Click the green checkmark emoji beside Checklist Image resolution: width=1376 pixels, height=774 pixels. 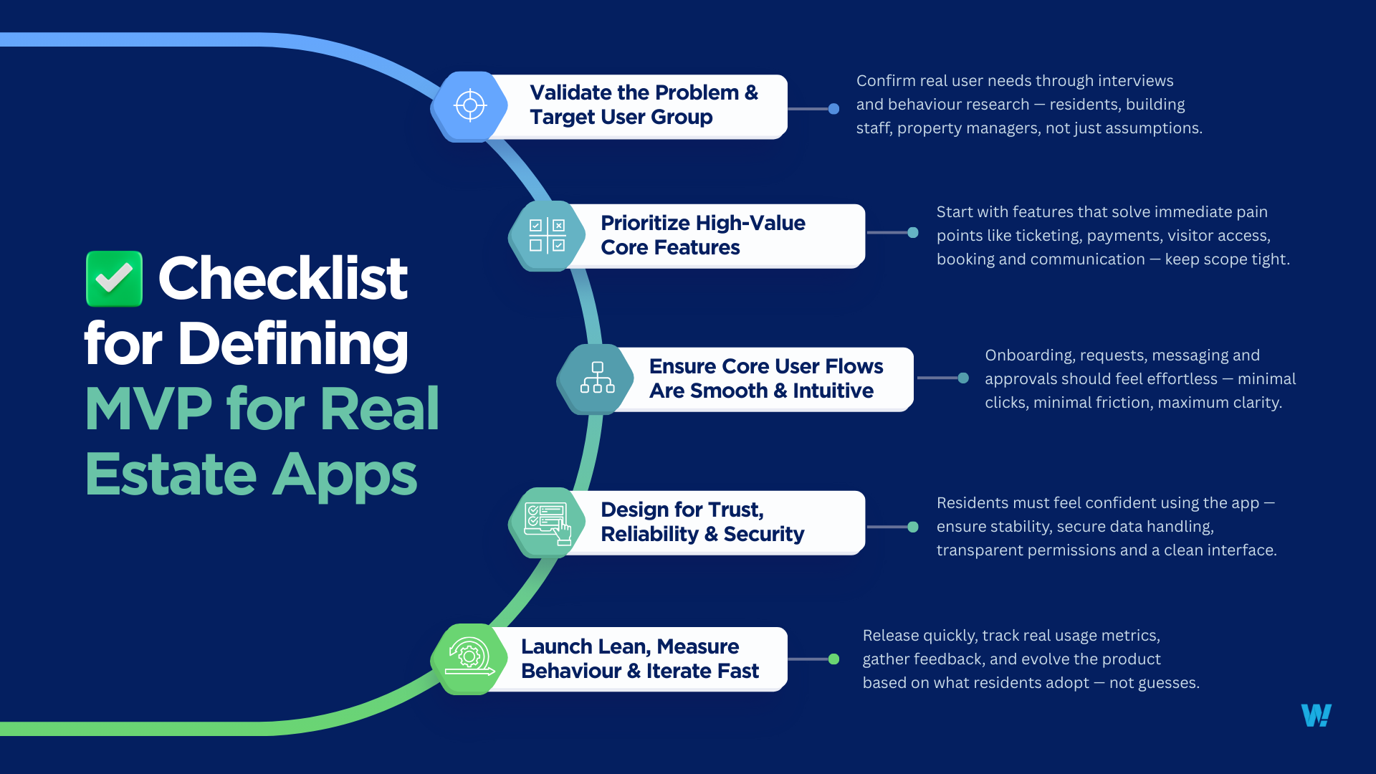coord(114,279)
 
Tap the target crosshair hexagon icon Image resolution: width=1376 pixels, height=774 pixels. coord(470,106)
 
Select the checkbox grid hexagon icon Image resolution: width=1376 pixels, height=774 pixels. coord(547,236)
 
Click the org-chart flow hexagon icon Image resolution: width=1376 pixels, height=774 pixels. coord(596,378)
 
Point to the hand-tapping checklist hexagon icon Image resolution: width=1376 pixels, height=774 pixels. coord(547,522)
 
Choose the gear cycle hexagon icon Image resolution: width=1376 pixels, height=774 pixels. coord(469,659)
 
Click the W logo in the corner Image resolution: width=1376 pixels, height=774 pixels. coord(1316,715)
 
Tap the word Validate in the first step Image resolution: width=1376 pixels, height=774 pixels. coord(570,93)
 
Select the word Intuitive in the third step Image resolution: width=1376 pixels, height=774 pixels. coord(833,391)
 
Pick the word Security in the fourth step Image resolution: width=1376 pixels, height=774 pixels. coord(763,534)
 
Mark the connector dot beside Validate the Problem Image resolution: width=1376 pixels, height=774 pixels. coord(833,109)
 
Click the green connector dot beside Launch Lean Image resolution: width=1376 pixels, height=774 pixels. coord(833,659)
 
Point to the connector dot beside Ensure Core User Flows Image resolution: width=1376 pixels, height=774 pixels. coord(963,378)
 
